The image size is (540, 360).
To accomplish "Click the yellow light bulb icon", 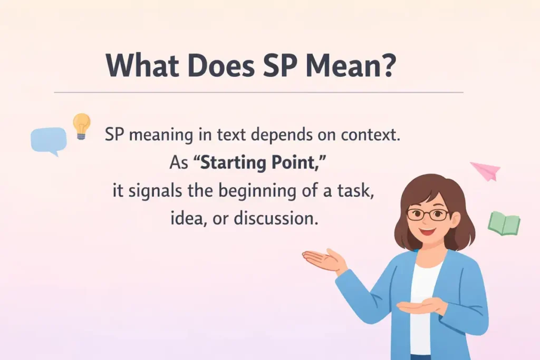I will point(81,125).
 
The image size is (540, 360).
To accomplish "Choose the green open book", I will point(503,223).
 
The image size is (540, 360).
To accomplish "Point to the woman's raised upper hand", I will point(323,259).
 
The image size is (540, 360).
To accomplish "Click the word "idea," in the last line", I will point(188,218).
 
